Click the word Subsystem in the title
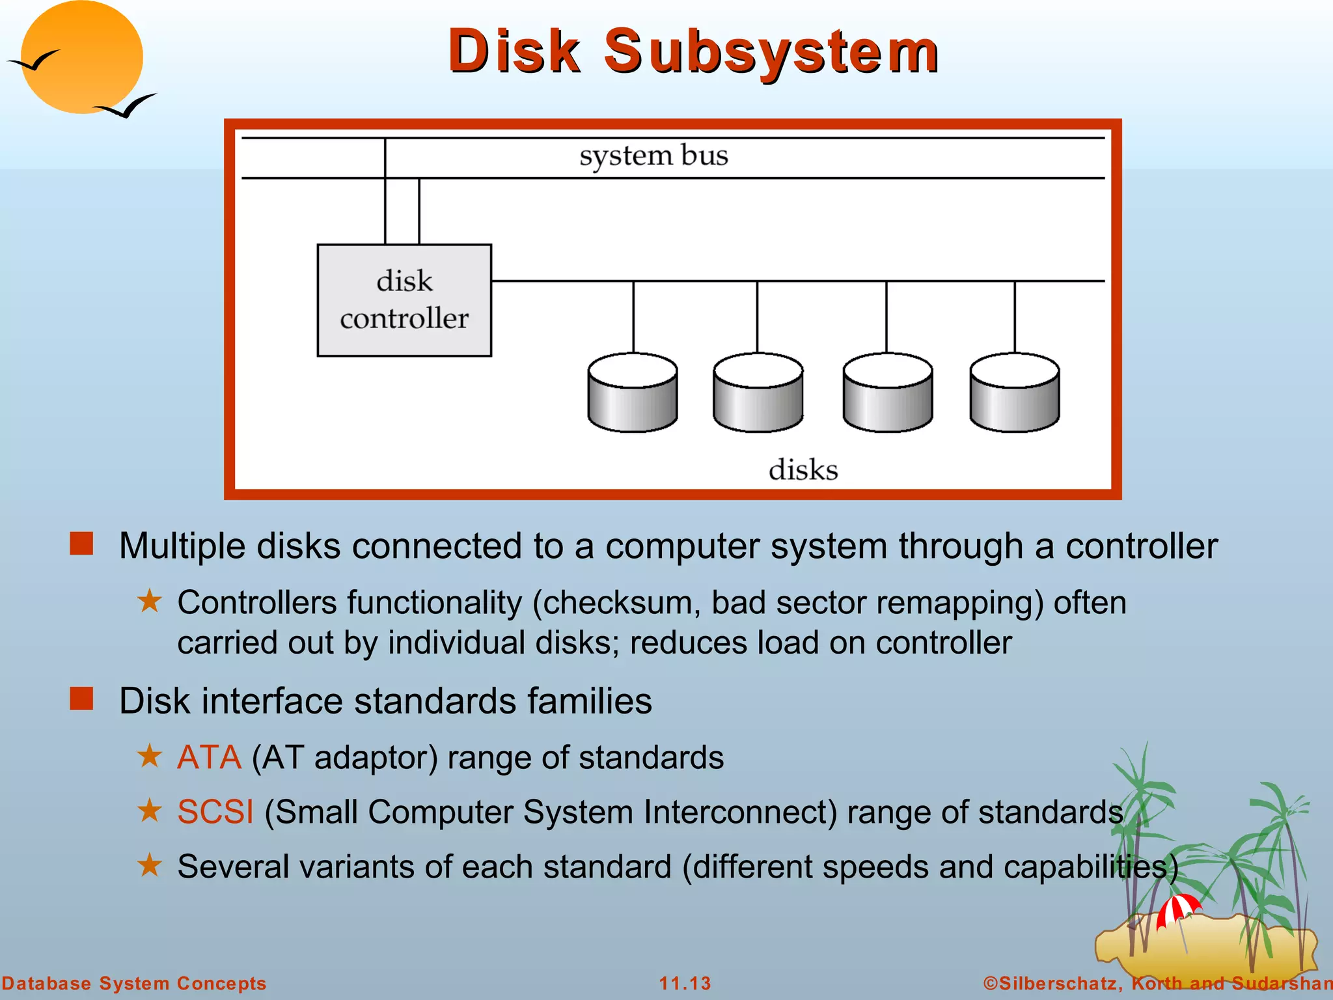(x=771, y=52)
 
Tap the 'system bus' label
(x=653, y=156)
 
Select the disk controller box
(x=404, y=300)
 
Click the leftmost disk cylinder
(x=633, y=393)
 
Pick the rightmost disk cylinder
(x=1014, y=393)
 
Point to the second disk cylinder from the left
(x=758, y=393)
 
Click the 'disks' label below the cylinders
(x=803, y=470)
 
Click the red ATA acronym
(x=209, y=758)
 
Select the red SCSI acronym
(x=215, y=812)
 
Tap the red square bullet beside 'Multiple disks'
(x=81, y=544)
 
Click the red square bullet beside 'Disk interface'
(x=81, y=699)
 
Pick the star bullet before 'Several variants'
(x=150, y=865)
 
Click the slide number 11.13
(x=685, y=983)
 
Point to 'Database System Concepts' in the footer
(x=133, y=983)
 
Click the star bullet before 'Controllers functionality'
(x=150, y=601)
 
